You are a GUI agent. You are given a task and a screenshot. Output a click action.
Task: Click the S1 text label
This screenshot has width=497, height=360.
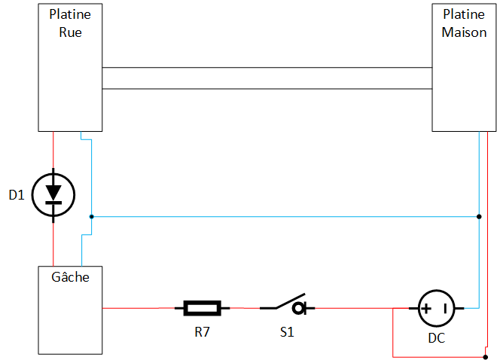pyautogui.click(x=286, y=331)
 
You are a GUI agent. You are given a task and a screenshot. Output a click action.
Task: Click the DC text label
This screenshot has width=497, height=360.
pyautogui.click(x=437, y=338)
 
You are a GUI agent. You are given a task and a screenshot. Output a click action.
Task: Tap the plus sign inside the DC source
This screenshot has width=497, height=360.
pyautogui.click(x=426, y=307)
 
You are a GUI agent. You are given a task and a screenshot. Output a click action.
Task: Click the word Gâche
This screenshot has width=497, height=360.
pyautogui.click(x=70, y=277)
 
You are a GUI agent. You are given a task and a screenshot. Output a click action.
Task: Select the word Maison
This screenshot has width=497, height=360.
pyautogui.click(x=464, y=32)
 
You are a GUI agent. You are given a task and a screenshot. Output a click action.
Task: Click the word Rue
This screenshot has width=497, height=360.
pyautogui.click(x=70, y=32)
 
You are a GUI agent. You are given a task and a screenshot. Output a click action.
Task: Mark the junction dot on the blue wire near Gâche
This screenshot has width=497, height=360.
pyautogui.click(x=91, y=216)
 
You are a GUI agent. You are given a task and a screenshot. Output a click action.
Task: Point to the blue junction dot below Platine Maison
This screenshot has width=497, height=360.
pyautogui.click(x=479, y=216)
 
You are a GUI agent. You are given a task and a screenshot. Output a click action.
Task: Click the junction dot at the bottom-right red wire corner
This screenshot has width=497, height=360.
pyautogui.click(x=486, y=356)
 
